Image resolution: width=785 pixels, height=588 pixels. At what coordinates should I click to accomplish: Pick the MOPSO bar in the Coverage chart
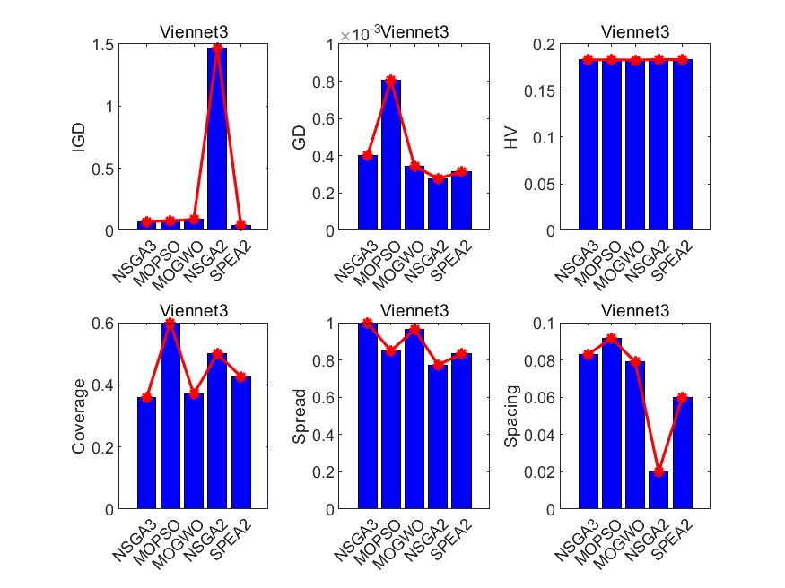click(x=170, y=416)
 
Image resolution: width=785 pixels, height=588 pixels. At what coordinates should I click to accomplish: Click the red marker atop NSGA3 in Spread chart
click(x=366, y=324)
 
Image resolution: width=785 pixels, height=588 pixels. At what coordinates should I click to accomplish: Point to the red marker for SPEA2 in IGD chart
click(x=240, y=225)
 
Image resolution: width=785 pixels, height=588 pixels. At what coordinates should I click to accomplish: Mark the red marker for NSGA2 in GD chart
click(x=438, y=178)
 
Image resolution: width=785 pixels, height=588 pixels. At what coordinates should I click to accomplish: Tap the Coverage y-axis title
click(x=79, y=416)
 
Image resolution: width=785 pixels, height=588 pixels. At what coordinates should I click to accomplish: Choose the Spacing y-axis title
click(x=512, y=416)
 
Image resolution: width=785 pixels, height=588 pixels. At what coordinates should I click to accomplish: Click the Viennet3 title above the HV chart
click(x=638, y=32)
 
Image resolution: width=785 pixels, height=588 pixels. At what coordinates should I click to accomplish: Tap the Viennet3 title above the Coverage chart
click(x=194, y=311)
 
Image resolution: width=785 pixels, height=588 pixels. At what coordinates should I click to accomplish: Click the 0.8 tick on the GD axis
click(x=335, y=81)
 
